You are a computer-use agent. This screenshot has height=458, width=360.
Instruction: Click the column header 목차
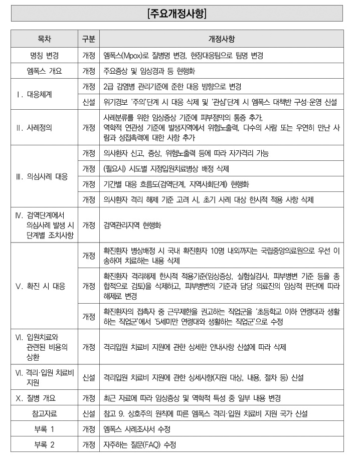tap(44, 39)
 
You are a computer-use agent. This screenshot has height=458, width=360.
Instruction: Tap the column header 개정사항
tap(221, 39)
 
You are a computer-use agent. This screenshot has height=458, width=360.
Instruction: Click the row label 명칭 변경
tap(44, 55)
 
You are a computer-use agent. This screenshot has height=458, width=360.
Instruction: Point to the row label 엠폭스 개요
tap(44, 71)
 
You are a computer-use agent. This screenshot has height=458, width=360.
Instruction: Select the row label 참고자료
tap(44, 413)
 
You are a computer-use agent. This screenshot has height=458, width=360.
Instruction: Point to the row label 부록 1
tap(44, 429)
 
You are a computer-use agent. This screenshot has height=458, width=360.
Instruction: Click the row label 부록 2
tap(44, 444)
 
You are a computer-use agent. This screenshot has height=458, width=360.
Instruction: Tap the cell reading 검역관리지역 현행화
tap(132, 225)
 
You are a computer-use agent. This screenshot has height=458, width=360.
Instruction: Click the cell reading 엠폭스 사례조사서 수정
tap(137, 429)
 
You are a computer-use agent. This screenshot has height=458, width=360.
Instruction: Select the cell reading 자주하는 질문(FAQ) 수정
tap(140, 444)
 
